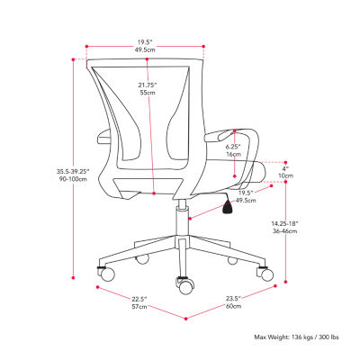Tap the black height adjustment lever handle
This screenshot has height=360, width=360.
228,207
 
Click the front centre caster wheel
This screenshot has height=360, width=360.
185,286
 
